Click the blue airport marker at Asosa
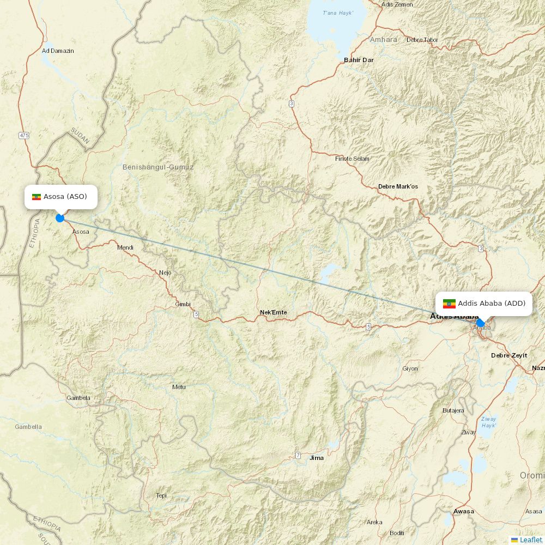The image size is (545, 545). pyautogui.click(x=60, y=218)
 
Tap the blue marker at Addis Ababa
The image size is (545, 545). pyautogui.click(x=480, y=323)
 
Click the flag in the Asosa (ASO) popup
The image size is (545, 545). pyautogui.click(x=37, y=197)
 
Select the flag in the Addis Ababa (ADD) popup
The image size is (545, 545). pyautogui.click(x=449, y=304)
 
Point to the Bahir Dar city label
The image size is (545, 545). pyautogui.click(x=359, y=60)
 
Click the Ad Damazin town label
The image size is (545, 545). pyautogui.click(x=58, y=51)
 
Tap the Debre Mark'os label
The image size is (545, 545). pyautogui.click(x=398, y=186)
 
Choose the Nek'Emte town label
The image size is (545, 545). pyautogui.click(x=274, y=312)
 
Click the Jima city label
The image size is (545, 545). pyautogui.click(x=317, y=458)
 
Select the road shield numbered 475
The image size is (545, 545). pyautogui.click(x=24, y=135)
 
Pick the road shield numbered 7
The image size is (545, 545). pyautogui.click(x=298, y=455)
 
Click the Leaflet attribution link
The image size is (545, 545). pyautogui.click(x=530, y=540)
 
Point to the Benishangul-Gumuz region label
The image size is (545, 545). pyautogui.click(x=158, y=167)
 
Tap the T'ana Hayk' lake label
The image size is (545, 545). pyautogui.click(x=338, y=13)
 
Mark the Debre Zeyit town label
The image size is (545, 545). pyautogui.click(x=509, y=355)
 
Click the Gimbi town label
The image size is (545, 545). pyautogui.click(x=183, y=304)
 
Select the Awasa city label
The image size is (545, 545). pyautogui.click(x=464, y=511)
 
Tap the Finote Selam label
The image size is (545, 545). pyautogui.click(x=352, y=159)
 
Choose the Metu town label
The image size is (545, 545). pyautogui.click(x=179, y=387)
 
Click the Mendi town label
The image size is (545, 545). pyautogui.click(x=125, y=247)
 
